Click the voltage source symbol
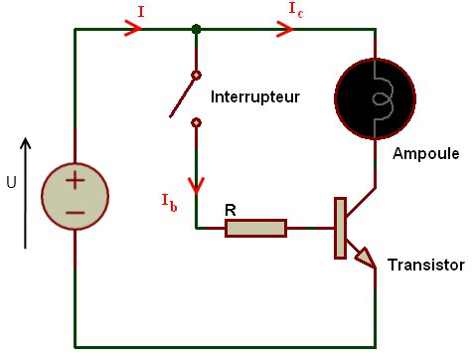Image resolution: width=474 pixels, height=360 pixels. (76, 197)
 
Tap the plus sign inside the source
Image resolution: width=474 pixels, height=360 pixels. (76, 181)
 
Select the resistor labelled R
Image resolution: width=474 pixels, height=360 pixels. (255, 229)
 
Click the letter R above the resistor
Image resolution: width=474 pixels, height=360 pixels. (231, 210)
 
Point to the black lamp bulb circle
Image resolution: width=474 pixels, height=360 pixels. (375, 95)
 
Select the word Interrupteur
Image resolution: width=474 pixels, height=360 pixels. (254, 97)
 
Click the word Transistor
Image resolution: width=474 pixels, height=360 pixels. (425, 266)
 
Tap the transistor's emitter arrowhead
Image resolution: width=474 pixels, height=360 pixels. (365, 259)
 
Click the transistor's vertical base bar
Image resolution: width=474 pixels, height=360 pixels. (340, 229)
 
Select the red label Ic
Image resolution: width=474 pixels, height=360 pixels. (295, 9)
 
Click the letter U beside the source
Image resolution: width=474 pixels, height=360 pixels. (12, 182)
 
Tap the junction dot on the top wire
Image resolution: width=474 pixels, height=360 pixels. (196, 30)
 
